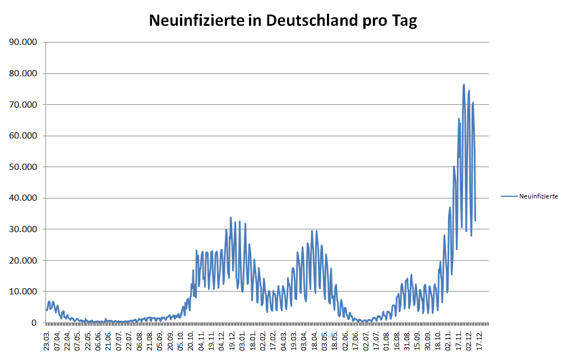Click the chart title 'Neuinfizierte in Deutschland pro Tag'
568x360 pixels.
[283, 21]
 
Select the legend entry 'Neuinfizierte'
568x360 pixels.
[538, 196]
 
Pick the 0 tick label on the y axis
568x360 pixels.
[34, 323]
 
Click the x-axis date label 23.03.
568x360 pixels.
[48, 340]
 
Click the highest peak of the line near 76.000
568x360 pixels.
[464, 85]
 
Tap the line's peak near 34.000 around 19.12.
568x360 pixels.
[230, 218]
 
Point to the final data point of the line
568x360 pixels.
[475, 220]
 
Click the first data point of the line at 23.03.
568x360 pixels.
[47, 310]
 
